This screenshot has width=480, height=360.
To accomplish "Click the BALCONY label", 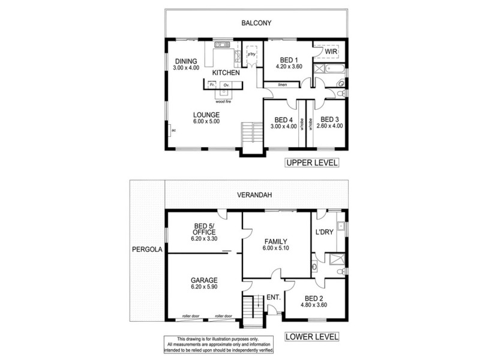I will tap(257, 23).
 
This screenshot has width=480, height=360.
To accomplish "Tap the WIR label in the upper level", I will tap(331, 53).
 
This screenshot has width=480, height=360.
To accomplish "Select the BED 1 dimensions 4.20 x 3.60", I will tap(289, 68).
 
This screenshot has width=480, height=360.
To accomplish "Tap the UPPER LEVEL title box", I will tap(311, 163).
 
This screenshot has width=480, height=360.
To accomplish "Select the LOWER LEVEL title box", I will tap(311, 336).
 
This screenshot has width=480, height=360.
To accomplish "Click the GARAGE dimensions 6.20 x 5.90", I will tap(205, 288).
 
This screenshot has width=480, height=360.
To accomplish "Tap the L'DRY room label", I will tap(324, 232).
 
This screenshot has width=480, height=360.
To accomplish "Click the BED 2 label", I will tap(314, 298).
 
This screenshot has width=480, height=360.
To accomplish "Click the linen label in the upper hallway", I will tap(283, 85).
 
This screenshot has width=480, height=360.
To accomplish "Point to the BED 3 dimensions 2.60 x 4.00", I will tap(329, 126).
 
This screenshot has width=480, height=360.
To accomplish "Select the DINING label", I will tap(185, 61).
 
